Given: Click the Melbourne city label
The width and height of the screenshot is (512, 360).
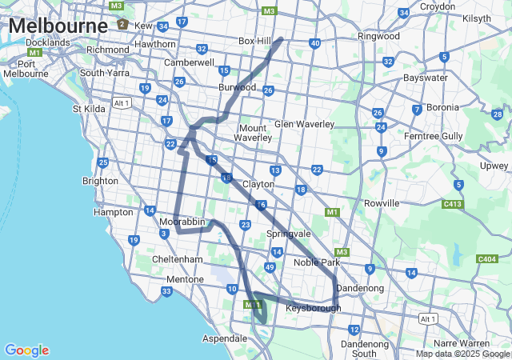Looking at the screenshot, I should pyautogui.click(x=58, y=26).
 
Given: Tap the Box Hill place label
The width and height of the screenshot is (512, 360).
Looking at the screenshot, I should pyautogui.click(x=255, y=41).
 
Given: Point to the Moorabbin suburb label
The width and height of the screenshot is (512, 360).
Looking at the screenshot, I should pyautogui.click(x=182, y=220).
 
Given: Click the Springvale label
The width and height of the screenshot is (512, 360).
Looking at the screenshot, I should pyautogui.click(x=288, y=234).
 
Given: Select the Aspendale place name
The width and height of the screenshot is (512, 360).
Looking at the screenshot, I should pyautogui.click(x=224, y=338).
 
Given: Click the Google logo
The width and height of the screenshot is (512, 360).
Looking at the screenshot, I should pyautogui.click(x=26, y=350).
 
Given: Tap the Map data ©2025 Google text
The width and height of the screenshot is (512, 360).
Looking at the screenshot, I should pyautogui.click(x=463, y=354).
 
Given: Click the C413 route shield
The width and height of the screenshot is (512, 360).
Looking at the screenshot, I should pyautogui.click(x=455, y=204).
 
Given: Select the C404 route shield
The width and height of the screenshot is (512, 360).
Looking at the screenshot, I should pyautogui.click(x=486, y=258).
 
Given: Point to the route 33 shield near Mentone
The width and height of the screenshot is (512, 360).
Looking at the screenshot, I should pyautogui.click(x=166, y=291).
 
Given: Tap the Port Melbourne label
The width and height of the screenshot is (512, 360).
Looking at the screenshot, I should pyautogui.click(x=26, y=69).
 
